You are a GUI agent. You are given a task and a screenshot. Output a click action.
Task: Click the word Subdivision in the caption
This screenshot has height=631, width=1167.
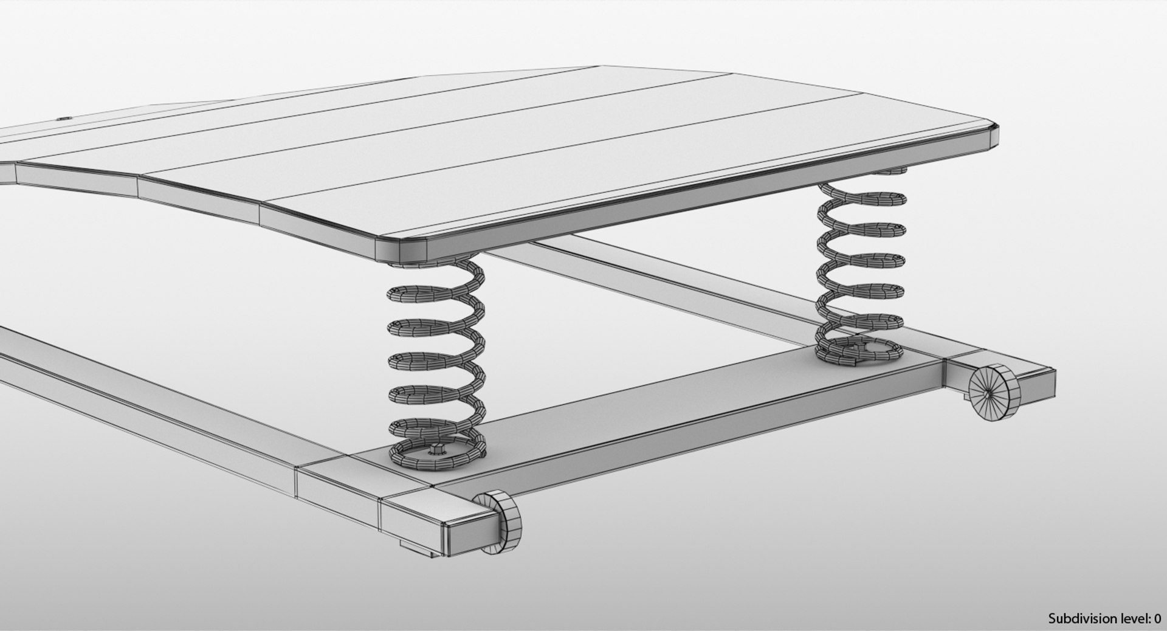(x=1079, y=618)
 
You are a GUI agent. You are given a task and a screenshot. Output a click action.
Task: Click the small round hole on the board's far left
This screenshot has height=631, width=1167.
(x=66, y=120)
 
